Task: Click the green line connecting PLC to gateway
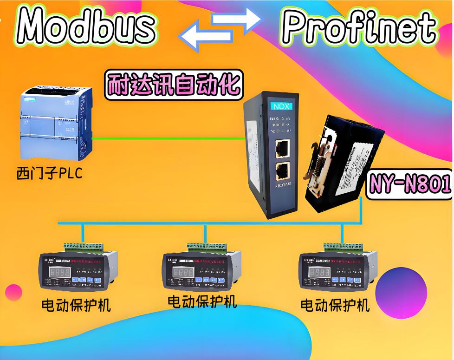167,138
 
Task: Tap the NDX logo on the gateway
280,105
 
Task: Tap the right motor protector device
336,270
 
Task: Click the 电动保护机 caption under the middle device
202,301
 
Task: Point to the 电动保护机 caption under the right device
335,305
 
